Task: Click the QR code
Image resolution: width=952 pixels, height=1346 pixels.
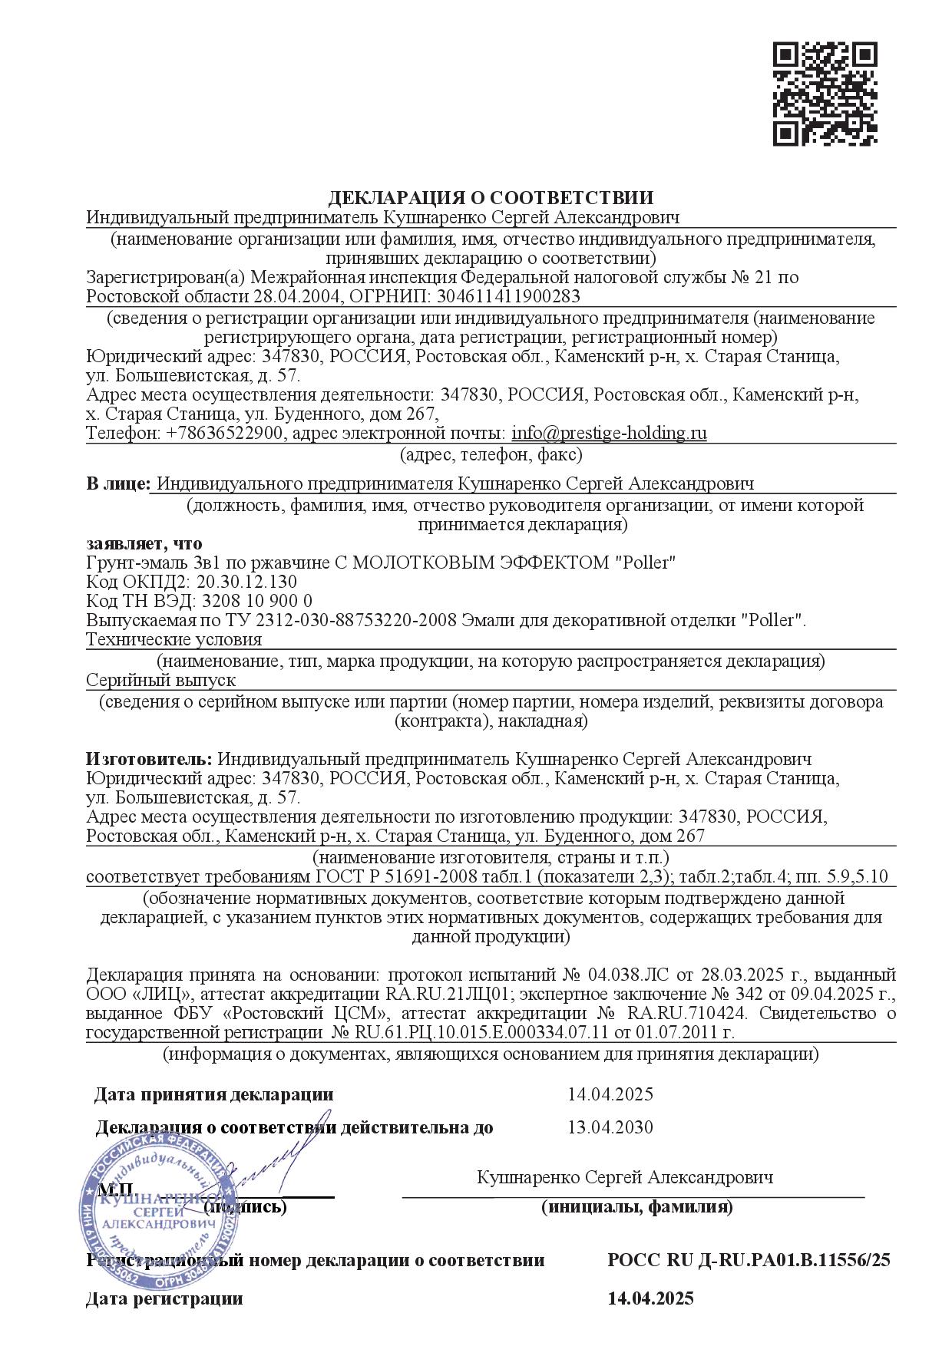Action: tap(824, 94)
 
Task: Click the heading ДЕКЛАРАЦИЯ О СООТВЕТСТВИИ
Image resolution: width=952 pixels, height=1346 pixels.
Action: tap(491, 198)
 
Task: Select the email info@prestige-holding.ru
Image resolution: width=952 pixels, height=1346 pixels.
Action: tap(609, 433)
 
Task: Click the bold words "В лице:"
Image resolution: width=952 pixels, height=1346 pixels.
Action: tap(117, 483)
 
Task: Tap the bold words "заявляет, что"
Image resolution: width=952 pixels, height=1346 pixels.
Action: tap(144, 544)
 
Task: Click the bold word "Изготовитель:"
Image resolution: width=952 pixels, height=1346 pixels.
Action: tap(149, 759)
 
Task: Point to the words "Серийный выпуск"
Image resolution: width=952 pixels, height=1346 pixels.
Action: tap(160, 680)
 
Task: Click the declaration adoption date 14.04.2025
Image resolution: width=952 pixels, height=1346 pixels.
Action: tap(610, 1094)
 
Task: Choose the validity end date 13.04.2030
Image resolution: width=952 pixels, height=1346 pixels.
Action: tap(610, 1127)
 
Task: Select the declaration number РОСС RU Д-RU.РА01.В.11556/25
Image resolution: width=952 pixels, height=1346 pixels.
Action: tap(749, 1260)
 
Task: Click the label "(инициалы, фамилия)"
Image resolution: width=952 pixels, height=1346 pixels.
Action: tap(636, 1207)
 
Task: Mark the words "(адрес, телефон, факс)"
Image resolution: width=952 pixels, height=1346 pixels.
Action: tap(491, 455)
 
